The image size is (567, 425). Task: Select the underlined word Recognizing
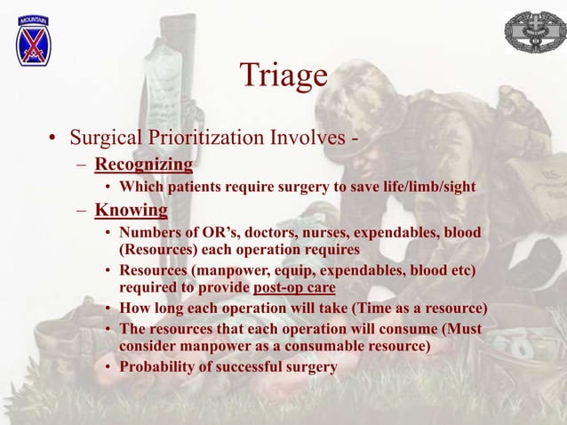[x=144, y=165]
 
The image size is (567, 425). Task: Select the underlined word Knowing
[x=132, y=211]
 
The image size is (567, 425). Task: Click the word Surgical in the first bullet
[x=103, y=138]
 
